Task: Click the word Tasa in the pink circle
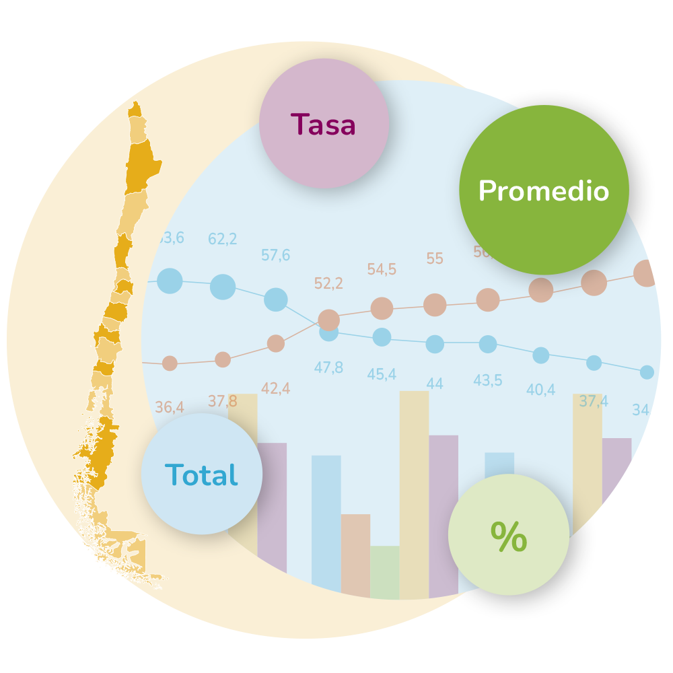(323, 125)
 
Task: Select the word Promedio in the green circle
(543, 191)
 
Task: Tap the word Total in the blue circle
(201, 475)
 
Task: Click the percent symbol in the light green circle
(508, 536)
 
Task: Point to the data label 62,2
(222, 239)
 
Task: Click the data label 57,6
(275, 255)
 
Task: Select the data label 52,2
(328, 283)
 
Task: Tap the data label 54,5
(382, 269)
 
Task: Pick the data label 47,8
(328, 367)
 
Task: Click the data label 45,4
(382, 374)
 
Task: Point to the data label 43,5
(487, 380)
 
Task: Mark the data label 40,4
(540, 390)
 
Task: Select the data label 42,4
(275, 388)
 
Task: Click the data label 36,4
(169, 407)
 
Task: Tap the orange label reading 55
(435, 258)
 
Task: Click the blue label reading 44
(435, 384)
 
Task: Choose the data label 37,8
(222, 401)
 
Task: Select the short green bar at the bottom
(384, 572)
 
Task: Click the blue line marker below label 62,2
(223, 287)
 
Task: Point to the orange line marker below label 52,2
(328, 320)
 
